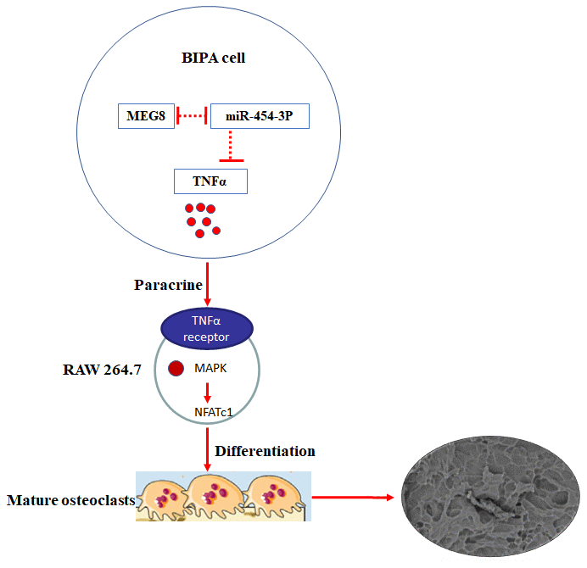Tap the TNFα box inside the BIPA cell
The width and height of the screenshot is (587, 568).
210,181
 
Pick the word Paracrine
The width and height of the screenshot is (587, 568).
169,284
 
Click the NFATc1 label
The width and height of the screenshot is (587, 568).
208,412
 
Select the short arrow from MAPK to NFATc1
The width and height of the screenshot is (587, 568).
207,391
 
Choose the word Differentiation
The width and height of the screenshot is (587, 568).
265,450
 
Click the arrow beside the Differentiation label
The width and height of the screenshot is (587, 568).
208,449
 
